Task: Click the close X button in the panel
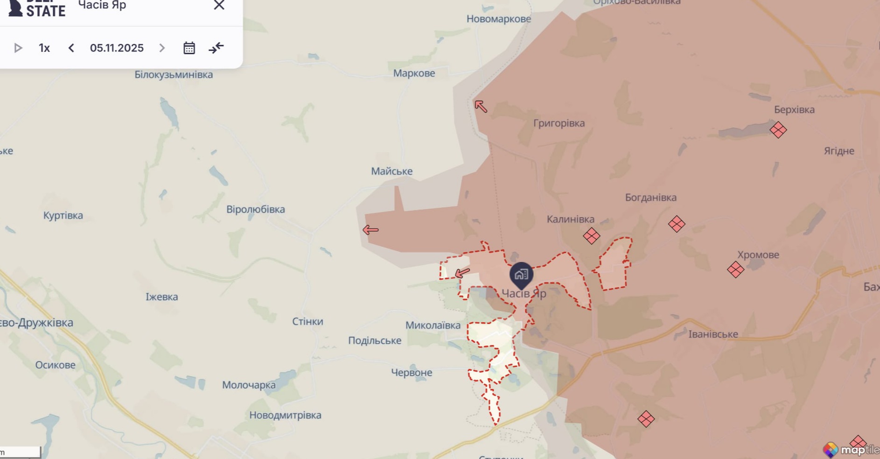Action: click(219, 5)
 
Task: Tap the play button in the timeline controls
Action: click(18, 48)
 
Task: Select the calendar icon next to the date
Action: click(189, 48)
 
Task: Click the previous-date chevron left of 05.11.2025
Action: click(71, 48)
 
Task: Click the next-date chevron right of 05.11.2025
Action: click(162, 48)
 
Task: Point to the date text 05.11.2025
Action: click(117, 48)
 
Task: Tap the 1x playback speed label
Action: click(44, 48)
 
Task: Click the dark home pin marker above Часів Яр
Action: click(521, 275)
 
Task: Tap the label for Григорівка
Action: click(559, 123)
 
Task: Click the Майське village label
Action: click(391, 171)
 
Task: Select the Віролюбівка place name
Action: click(255, 209)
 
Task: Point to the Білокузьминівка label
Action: click(174, 75)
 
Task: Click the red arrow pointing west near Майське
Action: click(370, 230)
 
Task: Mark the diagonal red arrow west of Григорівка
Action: click(481, 106)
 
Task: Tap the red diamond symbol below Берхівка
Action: click(778, 130)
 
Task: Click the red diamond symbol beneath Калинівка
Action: click(591, 236)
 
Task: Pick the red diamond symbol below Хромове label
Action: click(735, 269)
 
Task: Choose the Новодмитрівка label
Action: click(285, 415)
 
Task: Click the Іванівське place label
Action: click(713, 334)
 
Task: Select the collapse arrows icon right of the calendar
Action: click(216, 48)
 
